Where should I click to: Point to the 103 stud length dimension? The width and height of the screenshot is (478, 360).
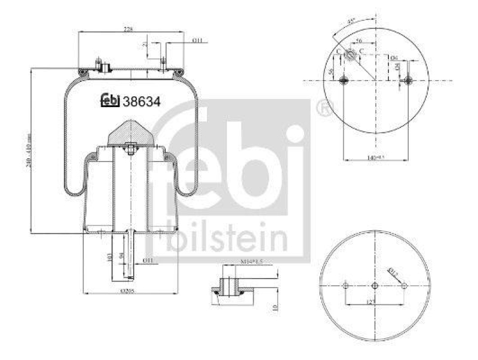coord(109,258)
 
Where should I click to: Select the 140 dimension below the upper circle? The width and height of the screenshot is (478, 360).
coord(375,158)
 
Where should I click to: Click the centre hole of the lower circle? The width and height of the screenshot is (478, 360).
coord(375,285)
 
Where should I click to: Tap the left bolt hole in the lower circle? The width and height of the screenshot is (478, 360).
coord(346,286)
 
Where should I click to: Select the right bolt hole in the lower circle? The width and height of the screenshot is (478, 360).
coord(404,286)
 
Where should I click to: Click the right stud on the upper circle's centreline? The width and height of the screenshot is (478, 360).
coord(408,80)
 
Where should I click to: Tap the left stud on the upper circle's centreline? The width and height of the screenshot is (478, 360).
coord(343,80)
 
